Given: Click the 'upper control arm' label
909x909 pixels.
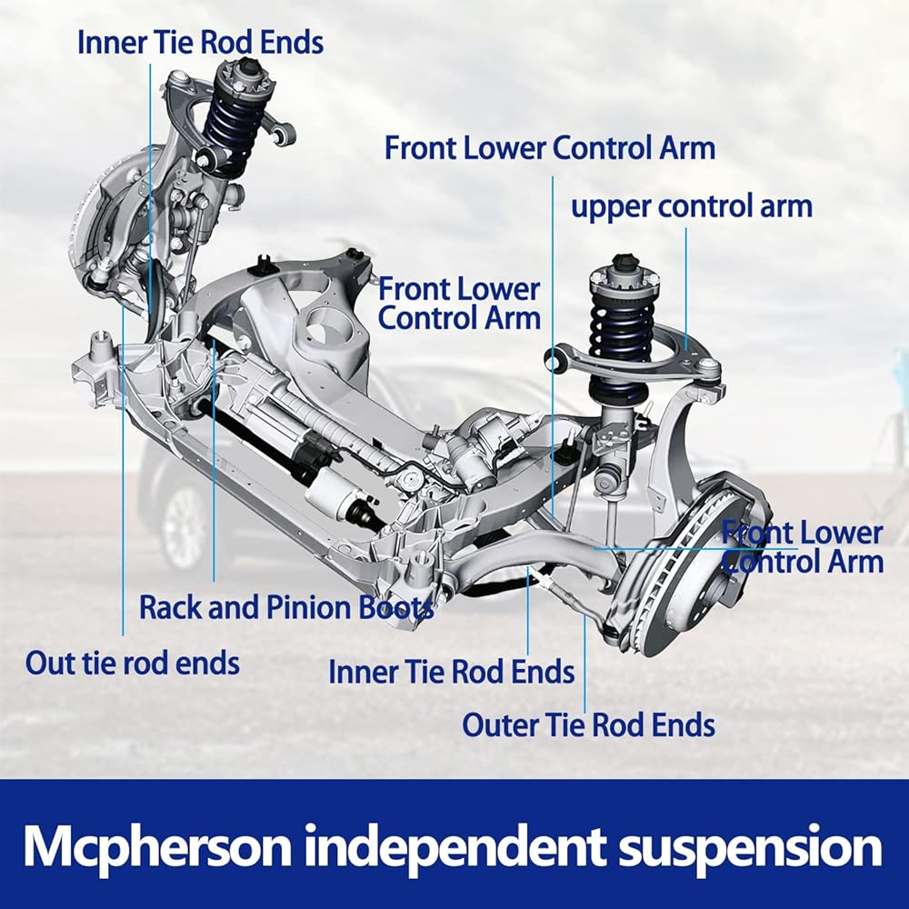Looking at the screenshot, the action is coord(692,207).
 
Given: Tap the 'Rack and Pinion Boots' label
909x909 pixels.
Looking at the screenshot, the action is coord(285,607).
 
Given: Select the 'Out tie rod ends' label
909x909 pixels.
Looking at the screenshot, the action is coord(132,663).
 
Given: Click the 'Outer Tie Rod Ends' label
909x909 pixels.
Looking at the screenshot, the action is coord(588,724).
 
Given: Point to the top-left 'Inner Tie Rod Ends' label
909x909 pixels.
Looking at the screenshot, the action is coord(200,43).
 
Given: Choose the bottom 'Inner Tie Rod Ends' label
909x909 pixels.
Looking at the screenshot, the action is coord(452,672).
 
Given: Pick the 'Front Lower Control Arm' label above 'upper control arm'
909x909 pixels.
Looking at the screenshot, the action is coord(550,148).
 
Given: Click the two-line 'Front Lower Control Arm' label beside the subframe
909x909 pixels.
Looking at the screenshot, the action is coord(459,304).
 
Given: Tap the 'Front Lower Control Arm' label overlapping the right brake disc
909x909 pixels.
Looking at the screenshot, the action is coord(803,547).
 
